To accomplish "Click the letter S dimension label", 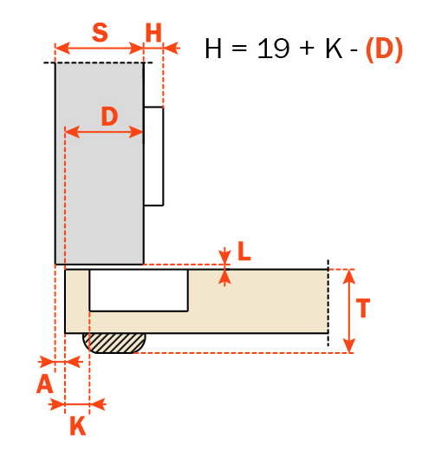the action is pos(100,32).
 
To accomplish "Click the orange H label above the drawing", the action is pos(153,33).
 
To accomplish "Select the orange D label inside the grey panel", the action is pos(109,116).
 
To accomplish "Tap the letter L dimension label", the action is pos(244,251).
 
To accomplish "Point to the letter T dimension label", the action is pos(363,308).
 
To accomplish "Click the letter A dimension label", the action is pos(45,383).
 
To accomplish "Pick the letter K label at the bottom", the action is pos(78,426).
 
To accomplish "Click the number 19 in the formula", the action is pos(274,49).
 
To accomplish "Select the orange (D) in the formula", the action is pos(384,49).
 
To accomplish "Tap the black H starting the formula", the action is pos(213,49).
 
